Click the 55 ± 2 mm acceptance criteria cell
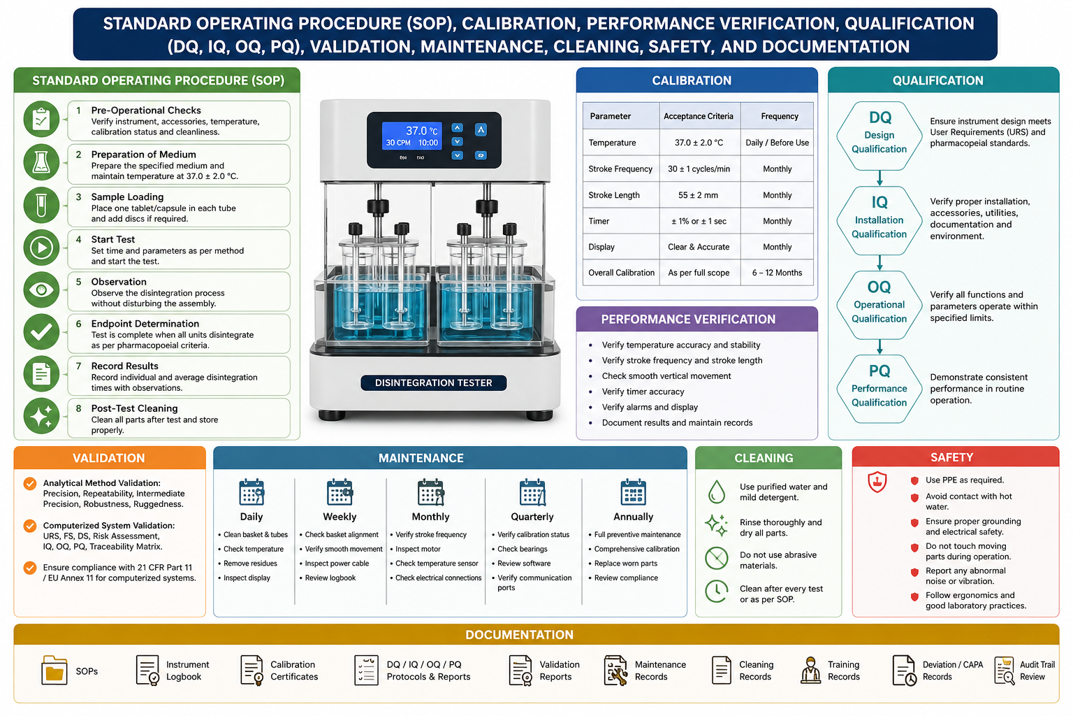(698, 195)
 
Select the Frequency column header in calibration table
(780, 116)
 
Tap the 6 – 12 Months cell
(777, 273)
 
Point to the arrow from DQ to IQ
(879, 178)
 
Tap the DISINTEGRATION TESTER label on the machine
(434, 382)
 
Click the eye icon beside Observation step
(42, 289)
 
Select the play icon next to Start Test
(42, 248)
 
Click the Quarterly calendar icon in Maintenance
(532, 492)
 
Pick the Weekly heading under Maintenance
(340, 517)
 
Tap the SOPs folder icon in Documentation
(54, 670)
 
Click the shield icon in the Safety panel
(877, 482)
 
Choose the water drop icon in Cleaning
(716, 492)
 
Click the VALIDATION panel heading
(109, 458)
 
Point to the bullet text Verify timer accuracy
(643, 392)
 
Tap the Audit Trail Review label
(1037, 671)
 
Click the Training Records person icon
(810, 671)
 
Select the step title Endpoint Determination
(145, 324)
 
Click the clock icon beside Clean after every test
(717, 592)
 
